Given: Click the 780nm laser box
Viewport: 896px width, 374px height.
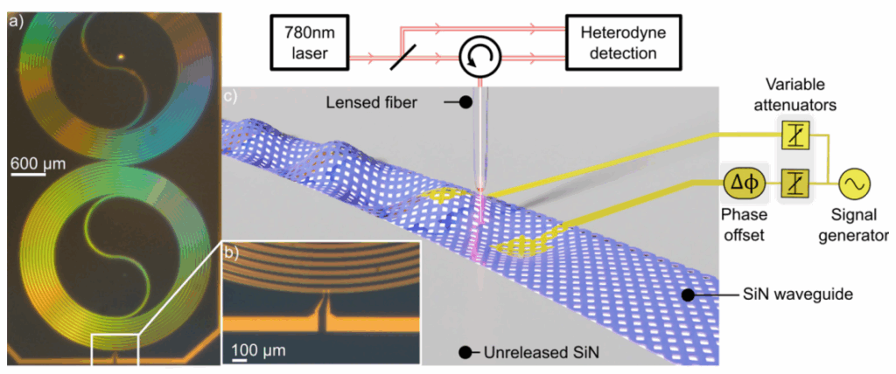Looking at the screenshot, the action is pyautogui.click(x=311, y=43).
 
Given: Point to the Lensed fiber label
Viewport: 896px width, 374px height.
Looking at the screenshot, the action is pyautogui.click(x=381, y=103).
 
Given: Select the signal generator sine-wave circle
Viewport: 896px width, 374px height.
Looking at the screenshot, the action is pyautogui.click(x=854, y=184).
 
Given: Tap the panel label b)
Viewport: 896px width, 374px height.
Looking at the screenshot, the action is pyautogui.click(x=233, y=253).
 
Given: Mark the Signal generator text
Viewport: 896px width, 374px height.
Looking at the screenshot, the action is pyautogui.click(x=858, y=226).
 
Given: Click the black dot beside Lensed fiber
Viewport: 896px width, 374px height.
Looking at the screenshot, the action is pyautogui.click(x=465, y=103).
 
